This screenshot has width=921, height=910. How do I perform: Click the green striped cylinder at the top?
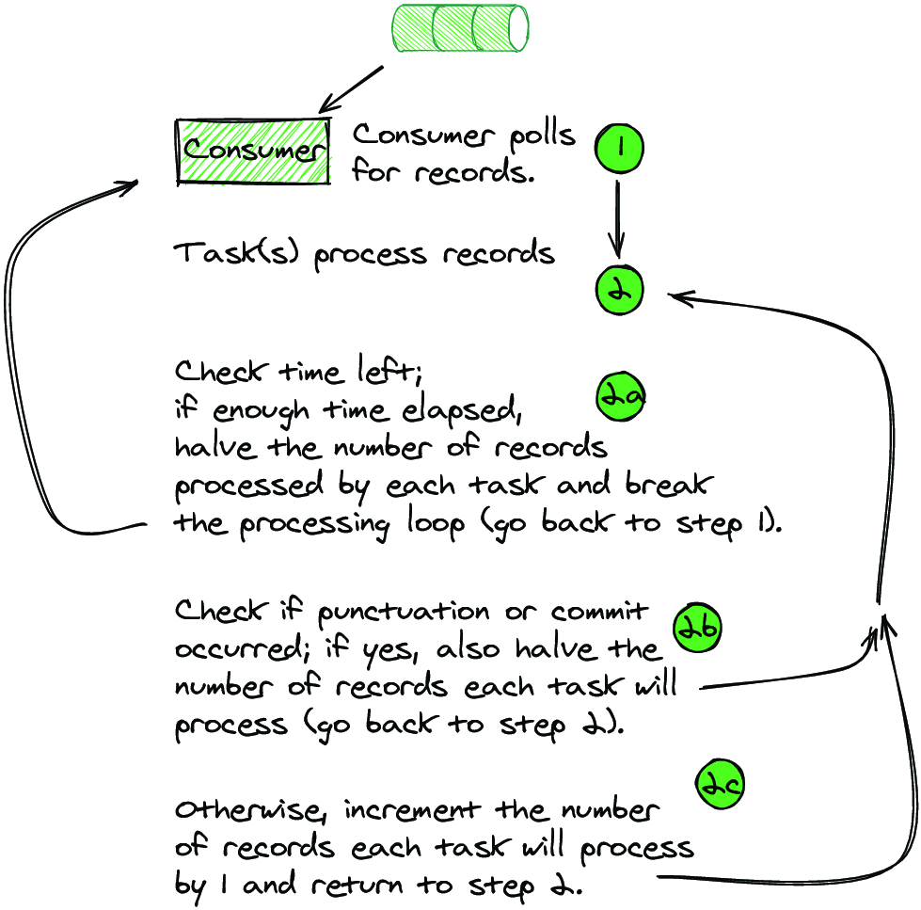[x=460, y=28]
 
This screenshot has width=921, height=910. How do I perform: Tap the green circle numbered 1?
[x=619, y=148]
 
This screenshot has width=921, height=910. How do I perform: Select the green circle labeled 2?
[x=619, y=290]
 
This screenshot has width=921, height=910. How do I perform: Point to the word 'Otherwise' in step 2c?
[x=246, y=810]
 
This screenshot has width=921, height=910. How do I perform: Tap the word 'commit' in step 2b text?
[x=598, y=612]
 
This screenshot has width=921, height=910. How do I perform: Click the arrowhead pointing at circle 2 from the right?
[x=679, y=297]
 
